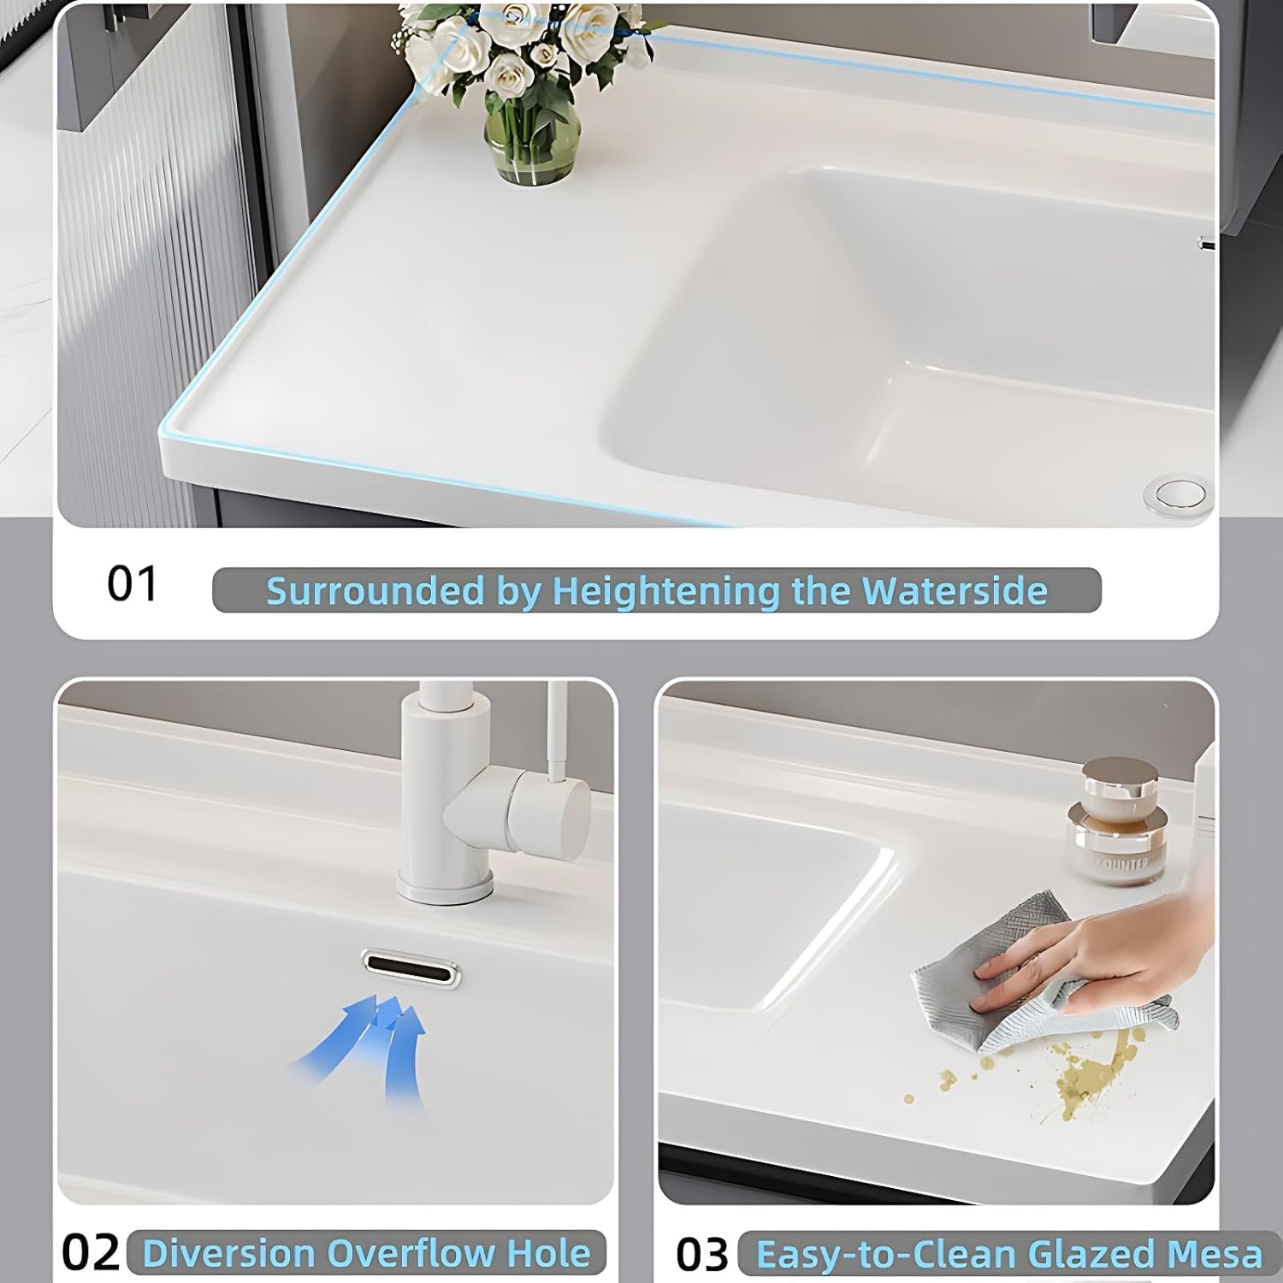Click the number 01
[x=133, y=585]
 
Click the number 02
[x=90, y=1253]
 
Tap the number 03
[x=701, y=1255]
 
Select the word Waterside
[x=954, y=591]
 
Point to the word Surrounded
[x=375, y=591]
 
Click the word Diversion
[x=228, y=1253]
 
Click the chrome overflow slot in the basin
[x=411, y=969]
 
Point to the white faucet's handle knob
[x=547, y=809]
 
